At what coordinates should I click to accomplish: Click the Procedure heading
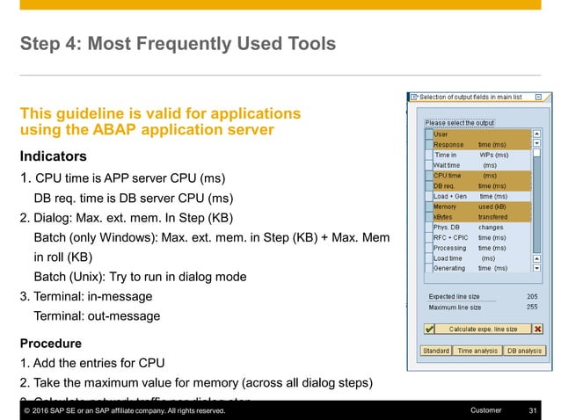point(50,343)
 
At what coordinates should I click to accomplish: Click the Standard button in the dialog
point(435,351)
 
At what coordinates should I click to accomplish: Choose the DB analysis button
point(524,351)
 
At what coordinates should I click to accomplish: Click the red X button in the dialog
point(537,329)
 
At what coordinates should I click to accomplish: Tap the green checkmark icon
point(429,329)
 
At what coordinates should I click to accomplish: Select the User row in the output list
point(479,134)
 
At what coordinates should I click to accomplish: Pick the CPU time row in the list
point(479,175)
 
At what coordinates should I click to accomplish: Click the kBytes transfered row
point(479,216)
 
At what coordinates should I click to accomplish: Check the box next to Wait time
point(428,164)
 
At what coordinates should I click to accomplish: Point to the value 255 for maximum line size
point(531,308)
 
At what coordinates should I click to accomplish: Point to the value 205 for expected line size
point(531,297)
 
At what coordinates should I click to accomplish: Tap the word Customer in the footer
point(486,410)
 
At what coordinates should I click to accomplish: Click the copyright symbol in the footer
point(27,410)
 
